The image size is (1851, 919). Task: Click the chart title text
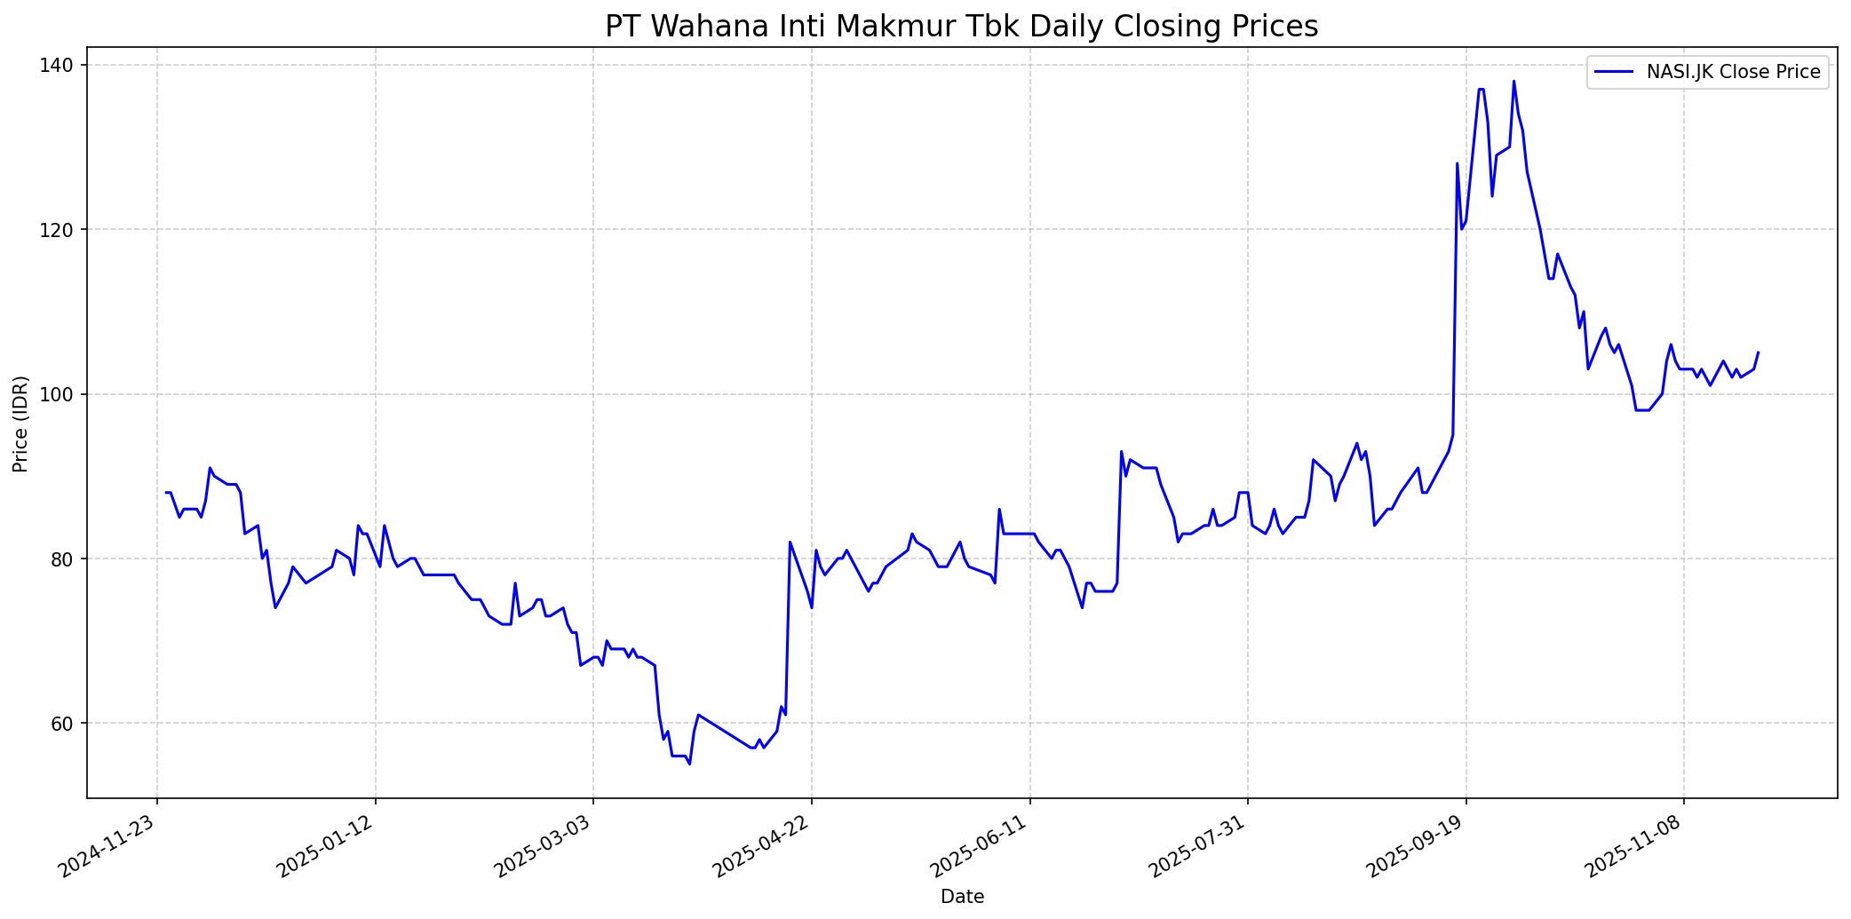pos(961,27)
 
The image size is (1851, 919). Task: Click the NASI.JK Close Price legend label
pos(1733,72)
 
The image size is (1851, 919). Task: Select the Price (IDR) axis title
pos(20,424)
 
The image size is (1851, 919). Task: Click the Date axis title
pos(962,897)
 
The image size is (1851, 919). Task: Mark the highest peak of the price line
pos(1513,82)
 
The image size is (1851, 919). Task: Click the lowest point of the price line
pos(689,764)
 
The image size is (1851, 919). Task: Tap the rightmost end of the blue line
pos(1758,353)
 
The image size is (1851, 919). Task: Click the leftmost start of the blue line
pos(166,492)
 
